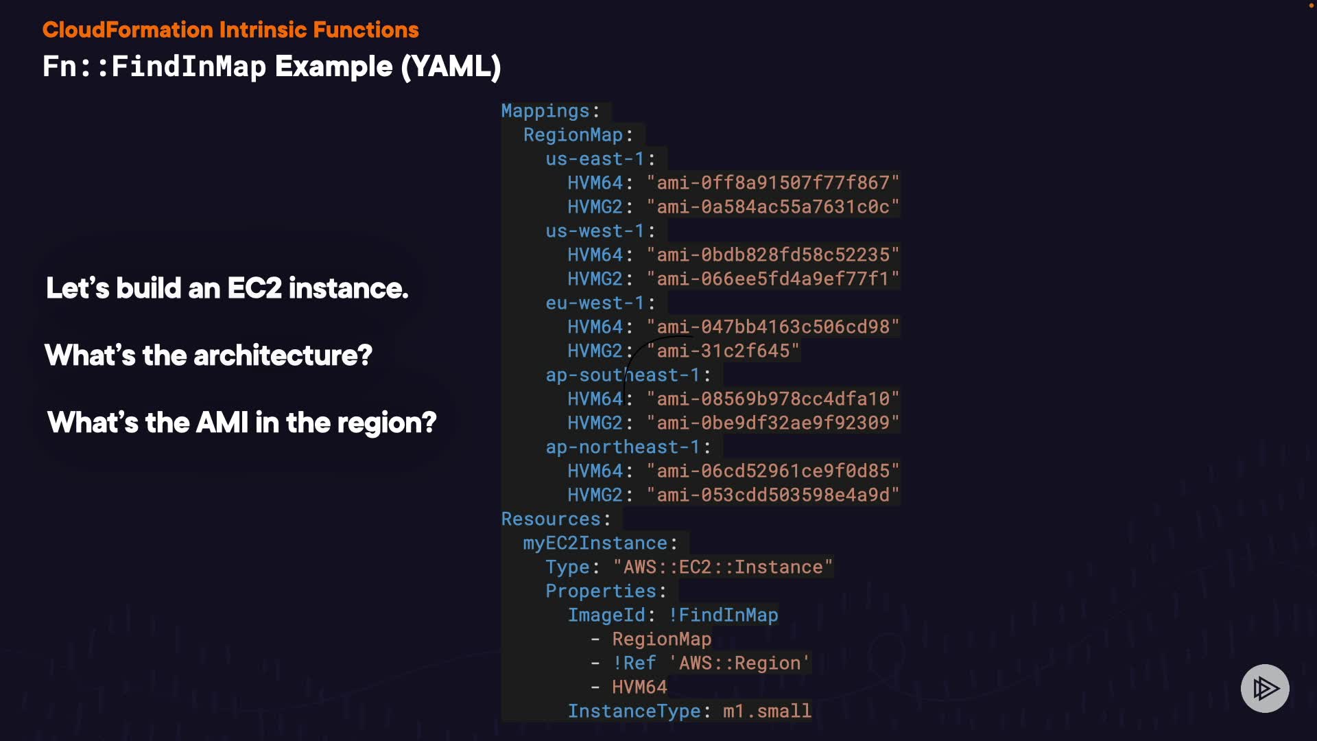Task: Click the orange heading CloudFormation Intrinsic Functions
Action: (x=230, y=30)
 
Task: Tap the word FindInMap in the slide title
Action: (x=188, y=67)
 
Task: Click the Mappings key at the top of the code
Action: (x=545, y=111)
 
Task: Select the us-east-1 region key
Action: (x=595, y=159)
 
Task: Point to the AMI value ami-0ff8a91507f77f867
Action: (x=773, y=183)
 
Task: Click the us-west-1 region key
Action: (x=595, y=231)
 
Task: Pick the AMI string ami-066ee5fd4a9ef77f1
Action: (x=773, y=279)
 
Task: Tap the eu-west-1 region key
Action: (x=595, y=303)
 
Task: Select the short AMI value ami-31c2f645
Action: (x=723, y=351)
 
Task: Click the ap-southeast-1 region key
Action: (x=622, y=375)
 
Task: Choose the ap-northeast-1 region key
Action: (x=622, y=447)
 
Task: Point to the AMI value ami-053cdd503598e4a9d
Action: (x=773, y=495)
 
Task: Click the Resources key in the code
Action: (x=551, y=519)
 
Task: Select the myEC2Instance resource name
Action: (x=595, y=543)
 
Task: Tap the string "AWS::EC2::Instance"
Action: (x=723, y=567)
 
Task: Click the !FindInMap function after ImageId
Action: (x=723, y=615)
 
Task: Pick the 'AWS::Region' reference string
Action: (x=739, y=663)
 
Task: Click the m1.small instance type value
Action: (x=767, y=711)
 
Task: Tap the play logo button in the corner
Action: (x=1265, y=688)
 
